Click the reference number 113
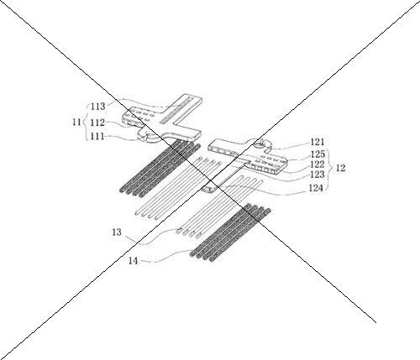pyautogui.click(x=98, y=107)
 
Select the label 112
pyautogui.click(x=97, y=123)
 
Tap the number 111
pyautogui.click(x=97, y=137)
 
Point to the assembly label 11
pyautogui.click(x=76, y=123)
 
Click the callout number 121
pyautogui.click(x=318, y=142)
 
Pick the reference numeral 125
pyautogui.click(x=318, y=154)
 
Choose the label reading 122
pyautogui.click(x=318, y=164)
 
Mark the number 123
pyautogui.click(x=318, y=175)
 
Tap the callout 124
pyautogui.click(x=316, y=188)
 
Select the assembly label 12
pyautogui.click(x=340, y=168)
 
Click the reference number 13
pyautogui.click(x=117, y=232)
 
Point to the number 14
pyautogui.click(x=134, y=261)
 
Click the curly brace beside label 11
pyautogui.click(x=86, y=123)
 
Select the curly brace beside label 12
pyautogui.click(x=330, y=168)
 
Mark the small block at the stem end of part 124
pyautogui.click(x=208, y=189)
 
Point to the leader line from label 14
pyautogui.click(x=168, y=256)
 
